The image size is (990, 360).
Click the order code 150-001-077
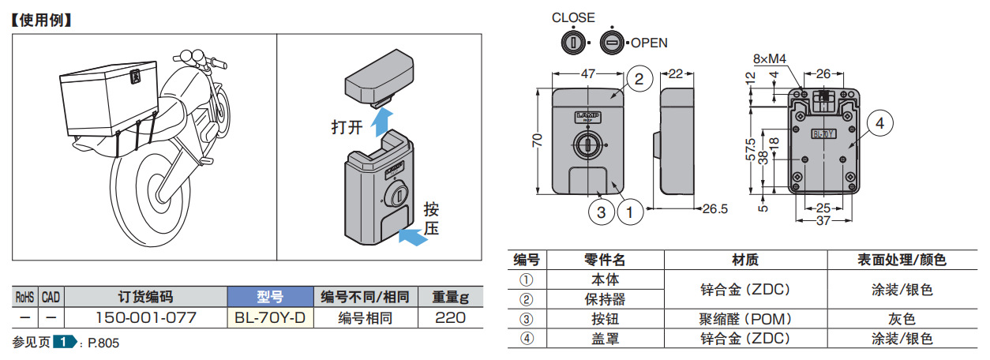[x=145, y=318]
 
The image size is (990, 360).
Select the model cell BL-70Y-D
[x=270, y=318]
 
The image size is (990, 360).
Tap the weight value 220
[x=450, y=318]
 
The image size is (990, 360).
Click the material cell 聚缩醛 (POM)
[x=745, y=319]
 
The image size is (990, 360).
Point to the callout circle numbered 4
[x=879, y=122]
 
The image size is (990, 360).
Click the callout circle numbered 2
[x=639, y=78]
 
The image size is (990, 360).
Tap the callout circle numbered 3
[x=602, y=212]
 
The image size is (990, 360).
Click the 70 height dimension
[x=538, y=140]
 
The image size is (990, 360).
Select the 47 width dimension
[x=588, y=73]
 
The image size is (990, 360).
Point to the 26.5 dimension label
[x=715, y=208]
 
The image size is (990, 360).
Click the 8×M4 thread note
[x=770, y=58]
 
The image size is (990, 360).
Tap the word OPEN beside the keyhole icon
[x=649, y=43]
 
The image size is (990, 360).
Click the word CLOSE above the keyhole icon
[x=573, y=17]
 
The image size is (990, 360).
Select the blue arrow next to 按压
[x=411, y=234]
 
